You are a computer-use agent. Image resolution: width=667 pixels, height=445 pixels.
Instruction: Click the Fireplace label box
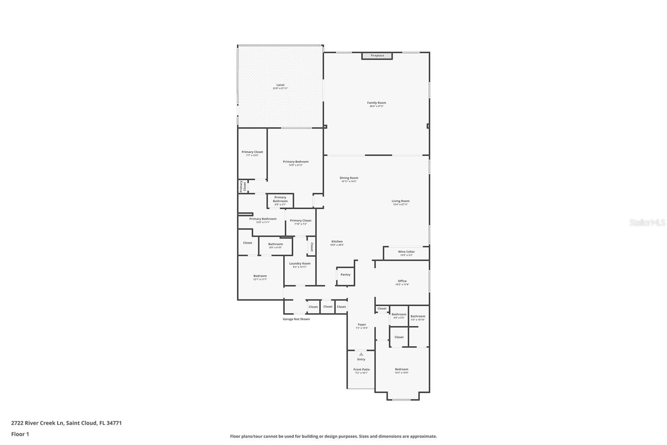(377, 56)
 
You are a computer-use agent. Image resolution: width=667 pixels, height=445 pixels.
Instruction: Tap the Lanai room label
(280, 86)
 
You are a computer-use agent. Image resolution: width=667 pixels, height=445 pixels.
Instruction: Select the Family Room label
(376, 104)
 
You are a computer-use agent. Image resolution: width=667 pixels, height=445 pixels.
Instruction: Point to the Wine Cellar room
(406, 253)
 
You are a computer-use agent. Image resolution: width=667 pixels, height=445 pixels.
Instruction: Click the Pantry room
(346, 276)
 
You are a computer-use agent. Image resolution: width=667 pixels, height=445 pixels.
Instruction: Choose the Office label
(402, 283)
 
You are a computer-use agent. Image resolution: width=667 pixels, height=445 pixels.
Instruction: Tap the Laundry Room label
(300, 265)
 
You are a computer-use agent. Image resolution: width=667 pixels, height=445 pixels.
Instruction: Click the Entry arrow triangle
(361, 354)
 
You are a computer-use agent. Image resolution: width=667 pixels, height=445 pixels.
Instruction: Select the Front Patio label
(361, 371)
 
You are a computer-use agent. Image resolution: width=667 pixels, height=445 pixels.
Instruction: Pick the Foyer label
(361, 326)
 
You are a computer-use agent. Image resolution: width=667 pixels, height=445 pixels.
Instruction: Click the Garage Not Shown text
(296, 319)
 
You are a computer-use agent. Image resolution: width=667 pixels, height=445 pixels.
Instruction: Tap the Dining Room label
(349, 179)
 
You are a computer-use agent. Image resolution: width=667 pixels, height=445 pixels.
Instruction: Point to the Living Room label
(400, 202)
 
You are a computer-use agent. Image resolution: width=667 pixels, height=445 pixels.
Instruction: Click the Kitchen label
(337, 243)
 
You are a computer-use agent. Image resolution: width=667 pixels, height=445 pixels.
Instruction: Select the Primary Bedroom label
(296, 163)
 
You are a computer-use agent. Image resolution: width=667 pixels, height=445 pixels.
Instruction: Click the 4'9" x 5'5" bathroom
(399, 316)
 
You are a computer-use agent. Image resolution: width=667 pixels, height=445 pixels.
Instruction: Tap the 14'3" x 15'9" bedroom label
(401, 371)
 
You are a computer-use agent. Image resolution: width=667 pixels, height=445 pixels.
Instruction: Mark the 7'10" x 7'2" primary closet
(301, 222)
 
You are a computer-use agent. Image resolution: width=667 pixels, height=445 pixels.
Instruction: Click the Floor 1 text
(20, 434)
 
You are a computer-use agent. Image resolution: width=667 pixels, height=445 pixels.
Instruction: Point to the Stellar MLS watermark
(647, 223)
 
